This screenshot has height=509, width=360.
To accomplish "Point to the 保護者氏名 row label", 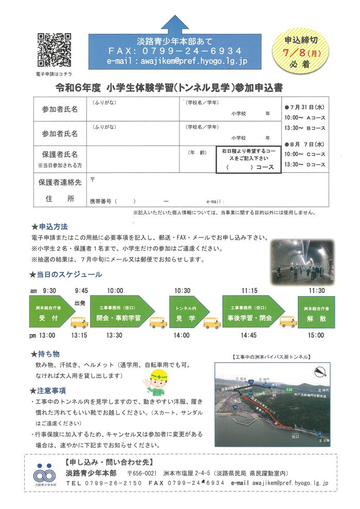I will pos(60,154).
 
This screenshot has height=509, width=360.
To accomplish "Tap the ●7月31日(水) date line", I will pos(303,107).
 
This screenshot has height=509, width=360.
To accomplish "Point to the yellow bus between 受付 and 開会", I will pos(79,322).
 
